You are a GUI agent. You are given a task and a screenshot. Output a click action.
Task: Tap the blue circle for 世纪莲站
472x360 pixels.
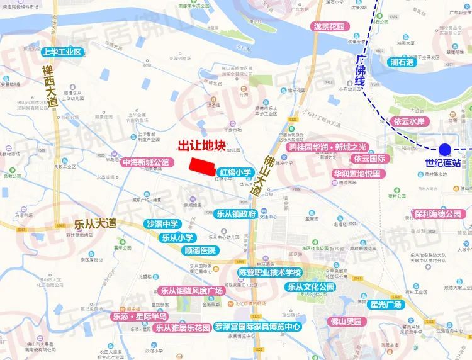(x=445, y=149)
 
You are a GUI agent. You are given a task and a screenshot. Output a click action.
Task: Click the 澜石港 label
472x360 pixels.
(x=403, y=62)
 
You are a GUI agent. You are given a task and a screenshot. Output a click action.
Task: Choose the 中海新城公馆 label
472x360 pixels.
(x=147, y=162)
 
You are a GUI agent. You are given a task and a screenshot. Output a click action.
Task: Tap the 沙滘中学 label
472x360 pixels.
(x=163, y=224)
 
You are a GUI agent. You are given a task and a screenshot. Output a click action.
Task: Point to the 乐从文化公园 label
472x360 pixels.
(x=311, y=286)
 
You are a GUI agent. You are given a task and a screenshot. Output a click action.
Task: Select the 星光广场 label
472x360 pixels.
(x=385, y=305)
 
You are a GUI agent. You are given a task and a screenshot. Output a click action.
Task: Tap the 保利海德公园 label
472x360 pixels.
(x=437, y=214)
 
